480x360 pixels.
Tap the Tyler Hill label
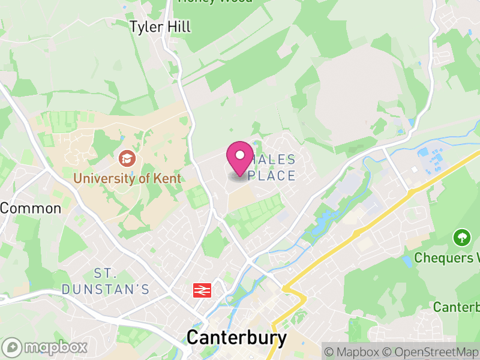(x=161, y=26)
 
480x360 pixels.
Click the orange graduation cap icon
(x=127, y=158)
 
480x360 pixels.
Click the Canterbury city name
(x=236, y=337)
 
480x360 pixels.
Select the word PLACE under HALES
(x=274, y=176)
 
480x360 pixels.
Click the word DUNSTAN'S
(x=105, y=289)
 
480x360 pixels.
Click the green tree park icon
(x=461, y=238)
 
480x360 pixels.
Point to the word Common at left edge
(x=31, y=208)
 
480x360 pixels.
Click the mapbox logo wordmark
(x=55, y=347)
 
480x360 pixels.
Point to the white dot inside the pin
(x=240, y=155)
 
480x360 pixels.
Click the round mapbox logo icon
(x=13, y=347)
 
